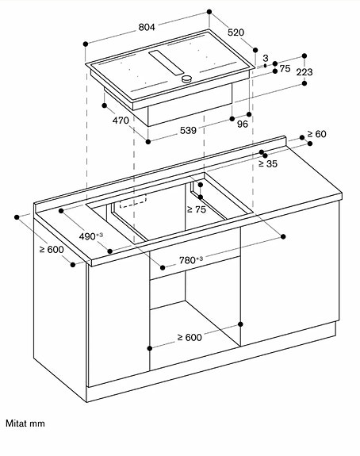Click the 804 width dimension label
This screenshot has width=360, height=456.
[146, 27]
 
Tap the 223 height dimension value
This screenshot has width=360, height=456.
[304, 72]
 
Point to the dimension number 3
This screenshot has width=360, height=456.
[266, 59]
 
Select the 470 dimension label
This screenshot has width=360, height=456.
[120, 121]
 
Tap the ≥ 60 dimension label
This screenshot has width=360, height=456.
[316, 134]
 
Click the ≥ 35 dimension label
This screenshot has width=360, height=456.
[267, 164]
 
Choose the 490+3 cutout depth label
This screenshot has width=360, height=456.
[92, 236]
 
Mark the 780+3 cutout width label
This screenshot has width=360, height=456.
[190, 259]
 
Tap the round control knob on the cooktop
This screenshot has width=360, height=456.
[188, 79]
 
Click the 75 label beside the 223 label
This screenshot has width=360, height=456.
[284, 69]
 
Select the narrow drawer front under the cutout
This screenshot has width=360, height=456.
[193, 270]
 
